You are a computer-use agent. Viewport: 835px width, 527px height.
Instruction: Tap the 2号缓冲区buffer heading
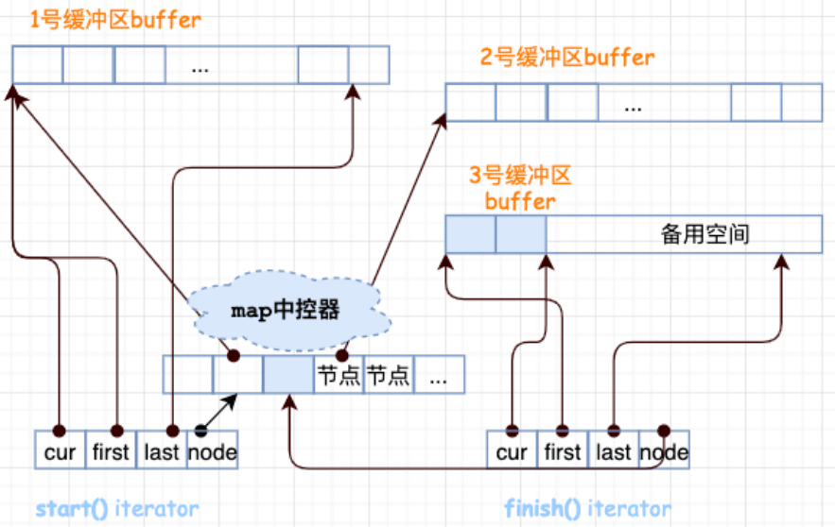coord(566,57)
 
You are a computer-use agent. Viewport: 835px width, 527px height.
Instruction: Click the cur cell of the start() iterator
coord(60,451)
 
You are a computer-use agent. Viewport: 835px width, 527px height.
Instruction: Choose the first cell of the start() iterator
coord(111,451)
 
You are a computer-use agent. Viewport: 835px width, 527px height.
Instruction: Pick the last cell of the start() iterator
coord(162,451)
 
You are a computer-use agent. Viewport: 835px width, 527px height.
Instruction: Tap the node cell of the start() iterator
coord(212,451)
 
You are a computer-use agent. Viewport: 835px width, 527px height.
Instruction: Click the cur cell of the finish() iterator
coord(512,451)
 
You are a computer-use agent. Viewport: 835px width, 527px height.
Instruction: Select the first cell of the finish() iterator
coord(563,451)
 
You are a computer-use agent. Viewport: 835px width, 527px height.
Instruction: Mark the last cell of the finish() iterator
coord(614,451)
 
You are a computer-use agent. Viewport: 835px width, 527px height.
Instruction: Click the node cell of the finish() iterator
coord(664,451)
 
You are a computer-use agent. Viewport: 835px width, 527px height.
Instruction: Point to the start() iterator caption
coord(117,509)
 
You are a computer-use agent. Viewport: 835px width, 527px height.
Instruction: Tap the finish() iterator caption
coord(587,509)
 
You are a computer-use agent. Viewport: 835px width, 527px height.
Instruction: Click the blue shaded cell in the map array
coord(287,374)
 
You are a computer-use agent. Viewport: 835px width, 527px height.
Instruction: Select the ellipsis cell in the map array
coord(439,374)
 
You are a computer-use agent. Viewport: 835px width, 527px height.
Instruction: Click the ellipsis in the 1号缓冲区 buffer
coord(199,65)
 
